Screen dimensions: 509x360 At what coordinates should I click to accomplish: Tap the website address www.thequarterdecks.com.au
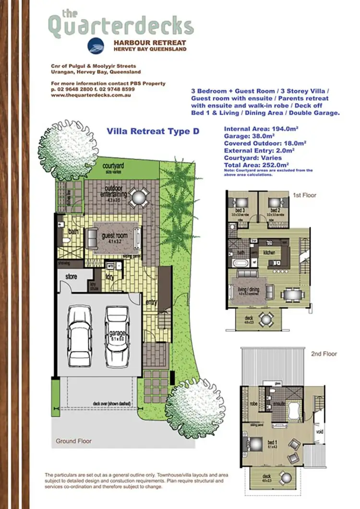click(x=91, y=95)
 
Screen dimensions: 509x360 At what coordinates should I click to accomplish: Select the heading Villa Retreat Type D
click(x=153, y=130)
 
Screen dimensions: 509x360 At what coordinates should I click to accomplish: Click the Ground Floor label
click(x=74, y=441)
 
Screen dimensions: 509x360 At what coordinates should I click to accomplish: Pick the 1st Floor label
click(x=304, y=196)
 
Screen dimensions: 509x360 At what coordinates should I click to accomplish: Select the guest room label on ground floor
click(x=114, y=235)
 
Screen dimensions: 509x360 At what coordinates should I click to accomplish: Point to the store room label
click(x=71, y=276)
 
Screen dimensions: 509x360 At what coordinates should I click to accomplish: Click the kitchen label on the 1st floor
click(x=269, y=251)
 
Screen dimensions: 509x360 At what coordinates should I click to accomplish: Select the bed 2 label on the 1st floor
click(x=275, y=211)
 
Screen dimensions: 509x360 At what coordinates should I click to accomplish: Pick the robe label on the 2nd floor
click(x=253, y=404)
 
